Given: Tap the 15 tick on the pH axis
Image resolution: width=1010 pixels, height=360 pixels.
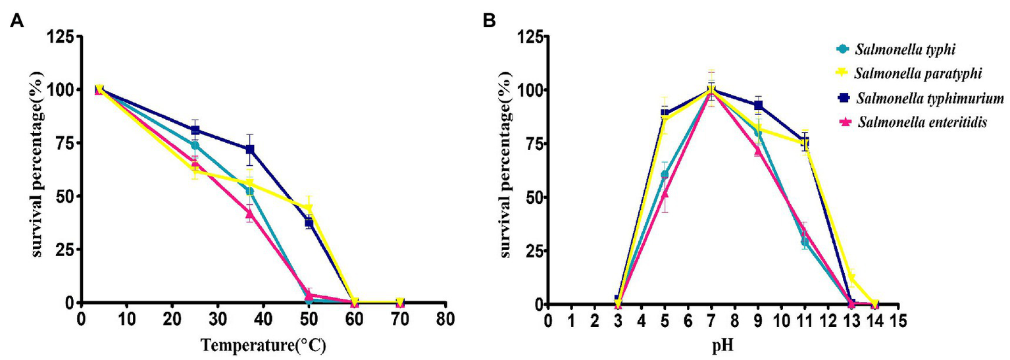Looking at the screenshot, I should coord(899,321).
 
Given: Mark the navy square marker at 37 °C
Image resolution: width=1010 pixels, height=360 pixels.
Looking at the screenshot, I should coord(250,149).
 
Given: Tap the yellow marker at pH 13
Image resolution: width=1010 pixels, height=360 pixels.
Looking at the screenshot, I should coord(851,278).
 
